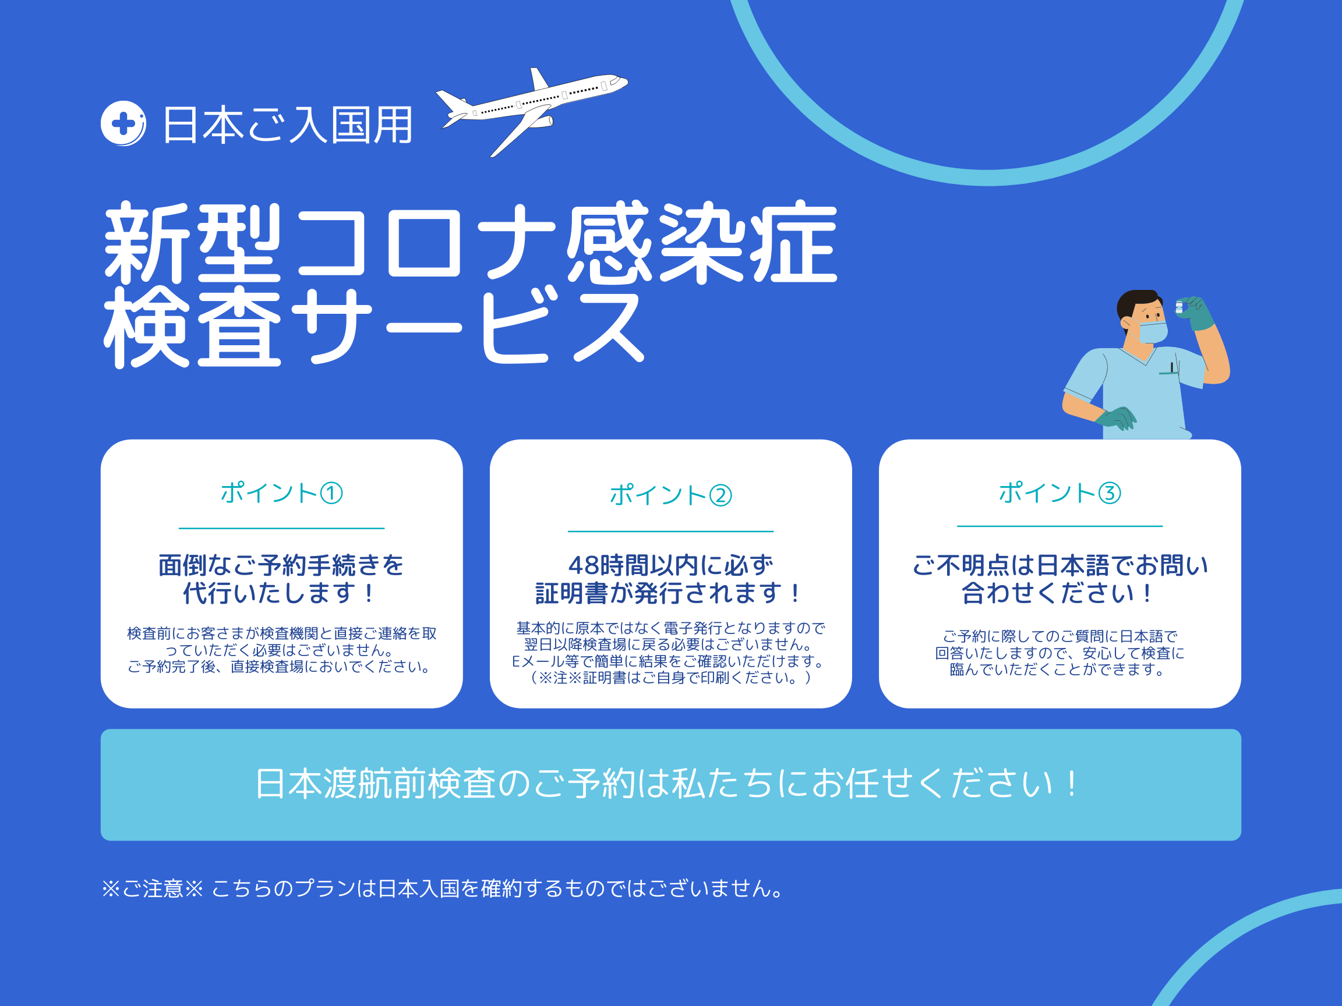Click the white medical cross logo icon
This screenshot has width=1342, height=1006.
tap(123, 123)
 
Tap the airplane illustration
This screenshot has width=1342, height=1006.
tap(531, 112)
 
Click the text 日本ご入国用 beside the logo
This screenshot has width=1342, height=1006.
tap(288, 125)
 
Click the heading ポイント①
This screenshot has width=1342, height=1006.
tap(281, 493)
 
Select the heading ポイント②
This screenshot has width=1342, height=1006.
tap(670, 495)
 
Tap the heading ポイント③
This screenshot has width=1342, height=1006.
tap(1060, 493)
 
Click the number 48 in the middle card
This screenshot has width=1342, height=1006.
tap(583, 565)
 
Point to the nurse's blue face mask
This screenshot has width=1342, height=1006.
tap(1153, 332)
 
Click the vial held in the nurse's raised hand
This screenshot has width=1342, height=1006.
tap(1179, 307)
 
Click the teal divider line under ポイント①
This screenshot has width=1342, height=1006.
tap(281, 528)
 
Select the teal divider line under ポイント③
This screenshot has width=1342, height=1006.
tap(1060, 526)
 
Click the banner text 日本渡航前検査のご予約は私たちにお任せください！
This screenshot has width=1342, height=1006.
tap(667, 784)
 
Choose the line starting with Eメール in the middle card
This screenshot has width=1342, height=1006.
tap(668, 661)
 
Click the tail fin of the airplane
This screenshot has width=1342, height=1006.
tap(539, 79)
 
